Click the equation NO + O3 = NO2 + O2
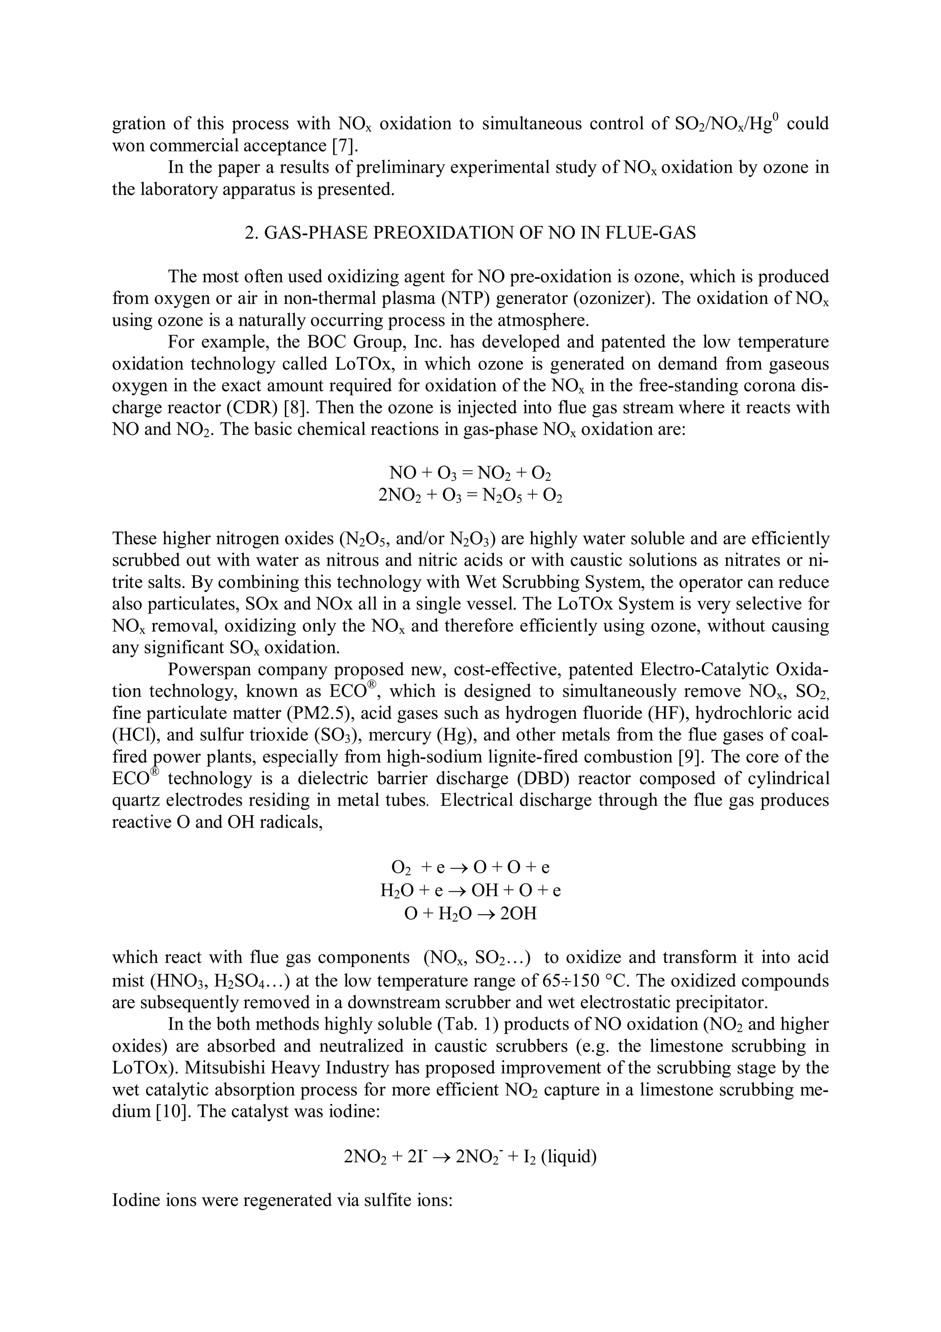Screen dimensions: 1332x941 point(470,473)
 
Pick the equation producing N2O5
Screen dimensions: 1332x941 point(470,496)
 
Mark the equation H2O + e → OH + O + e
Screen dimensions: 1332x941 point(470,890)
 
